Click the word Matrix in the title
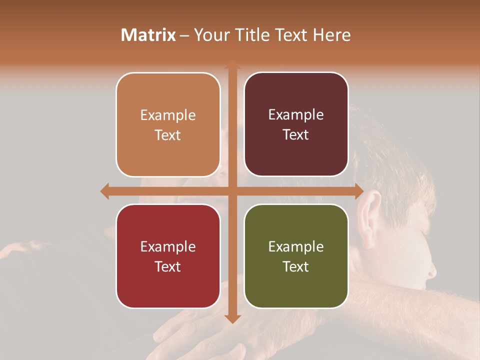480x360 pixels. [148, 35]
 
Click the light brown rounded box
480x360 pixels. [168, 124]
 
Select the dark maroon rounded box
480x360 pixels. [296, 124]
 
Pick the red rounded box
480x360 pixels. [168, 256]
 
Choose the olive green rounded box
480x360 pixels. [296, 256]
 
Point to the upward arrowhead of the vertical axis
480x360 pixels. [232, 65]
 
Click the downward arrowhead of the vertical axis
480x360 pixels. [232, 318]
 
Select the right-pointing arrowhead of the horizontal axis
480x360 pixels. [359, 191]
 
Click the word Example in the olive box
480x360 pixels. [296, 246]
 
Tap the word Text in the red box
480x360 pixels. [168, 266]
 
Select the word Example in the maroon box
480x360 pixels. [296, 115]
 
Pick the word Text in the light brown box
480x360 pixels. [168, 135]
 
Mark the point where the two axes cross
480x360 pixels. [232, 191]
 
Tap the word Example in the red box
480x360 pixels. [168, 246]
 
